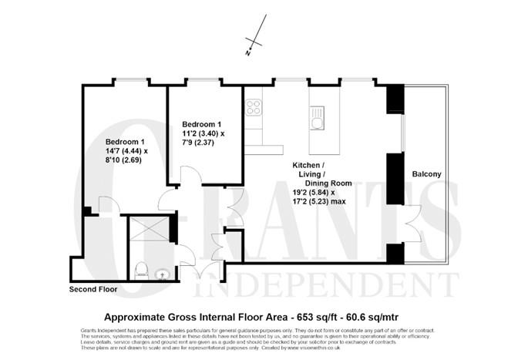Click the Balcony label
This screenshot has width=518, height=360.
click(x=425, y=175)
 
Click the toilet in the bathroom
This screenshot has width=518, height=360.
click(x=141, y=270)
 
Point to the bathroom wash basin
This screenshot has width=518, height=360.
click(x=161, y=273)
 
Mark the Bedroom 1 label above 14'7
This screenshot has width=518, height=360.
click(x=126, y=143)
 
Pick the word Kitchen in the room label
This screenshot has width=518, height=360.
click(x=307, y=165)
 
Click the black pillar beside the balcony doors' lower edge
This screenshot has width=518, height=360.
click(x=395, y=254)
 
